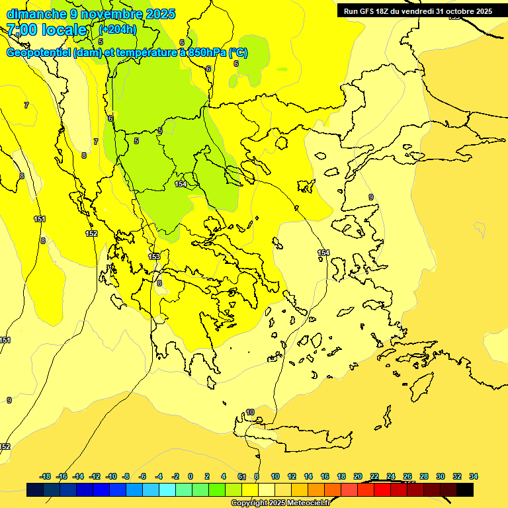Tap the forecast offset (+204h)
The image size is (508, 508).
pos(118,29)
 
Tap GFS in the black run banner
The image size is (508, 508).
pos(367,11)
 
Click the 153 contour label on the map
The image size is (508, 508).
pos(153,256)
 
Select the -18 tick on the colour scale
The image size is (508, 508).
pos(45,476)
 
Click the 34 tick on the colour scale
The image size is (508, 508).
pos(474,476)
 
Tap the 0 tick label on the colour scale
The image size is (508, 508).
pos(190,476)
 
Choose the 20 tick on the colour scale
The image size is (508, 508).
pos(358,476)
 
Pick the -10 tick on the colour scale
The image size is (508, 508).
pos(111,476)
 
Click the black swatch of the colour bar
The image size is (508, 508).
pos(465,489)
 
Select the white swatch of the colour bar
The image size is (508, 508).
pos(267,489)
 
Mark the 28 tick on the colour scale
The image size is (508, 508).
pos(424,476)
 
